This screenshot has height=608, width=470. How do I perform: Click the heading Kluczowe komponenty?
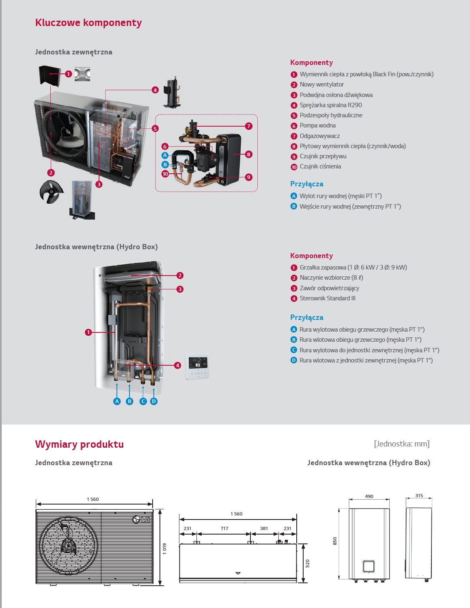[88, 23]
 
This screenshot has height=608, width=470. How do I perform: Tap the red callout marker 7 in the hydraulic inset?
[249, 126]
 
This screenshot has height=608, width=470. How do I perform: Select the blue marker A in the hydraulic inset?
[165, 155]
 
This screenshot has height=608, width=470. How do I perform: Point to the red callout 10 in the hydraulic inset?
[165, 174]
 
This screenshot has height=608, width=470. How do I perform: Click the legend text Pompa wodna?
[317, 126]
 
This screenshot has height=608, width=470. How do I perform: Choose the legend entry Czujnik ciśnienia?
[320, 167]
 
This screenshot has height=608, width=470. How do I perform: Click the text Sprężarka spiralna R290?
[331, 105]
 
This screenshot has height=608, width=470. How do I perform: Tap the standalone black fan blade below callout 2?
[52, 192]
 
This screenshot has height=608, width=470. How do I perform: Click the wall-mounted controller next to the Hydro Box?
[198, 367]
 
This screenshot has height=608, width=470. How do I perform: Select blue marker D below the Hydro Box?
[154, 401]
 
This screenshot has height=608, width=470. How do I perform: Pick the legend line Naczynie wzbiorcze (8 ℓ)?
[331, 278]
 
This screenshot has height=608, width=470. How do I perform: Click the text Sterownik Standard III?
[328, 298]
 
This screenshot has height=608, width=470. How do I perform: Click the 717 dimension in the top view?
[224, 528]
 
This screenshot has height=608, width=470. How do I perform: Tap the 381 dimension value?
[264, 528]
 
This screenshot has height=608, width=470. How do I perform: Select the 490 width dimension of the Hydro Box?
[369, 496]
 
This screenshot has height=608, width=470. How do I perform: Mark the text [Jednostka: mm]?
[401, 444]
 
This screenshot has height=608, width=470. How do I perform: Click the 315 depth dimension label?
[419, 496]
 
